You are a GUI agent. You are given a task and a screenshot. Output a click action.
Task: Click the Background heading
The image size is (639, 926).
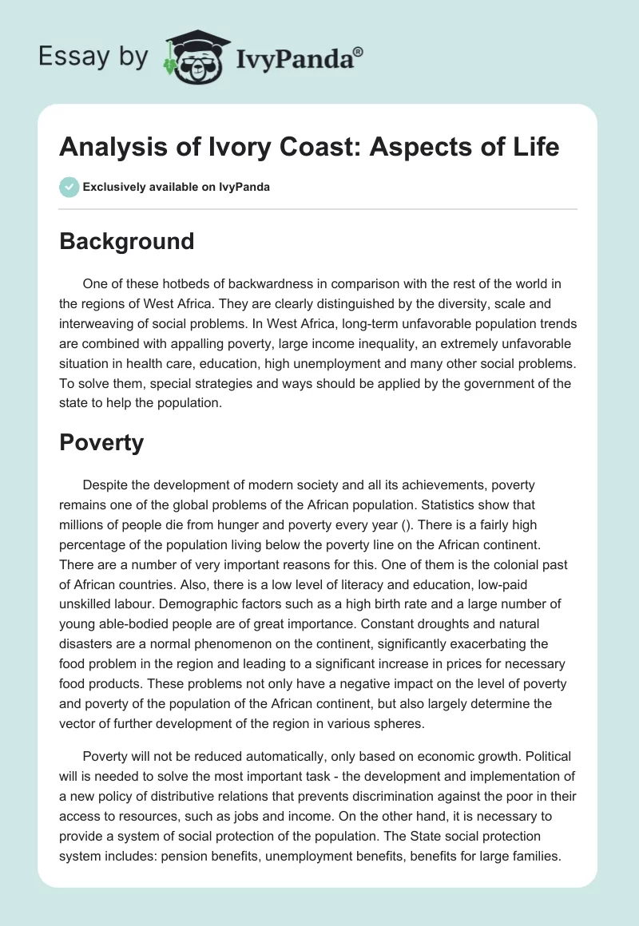pyautogui.click(x=126, y=241)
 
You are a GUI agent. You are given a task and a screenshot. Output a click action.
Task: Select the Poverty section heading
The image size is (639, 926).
pyautogui.click(x=101, y=442)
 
